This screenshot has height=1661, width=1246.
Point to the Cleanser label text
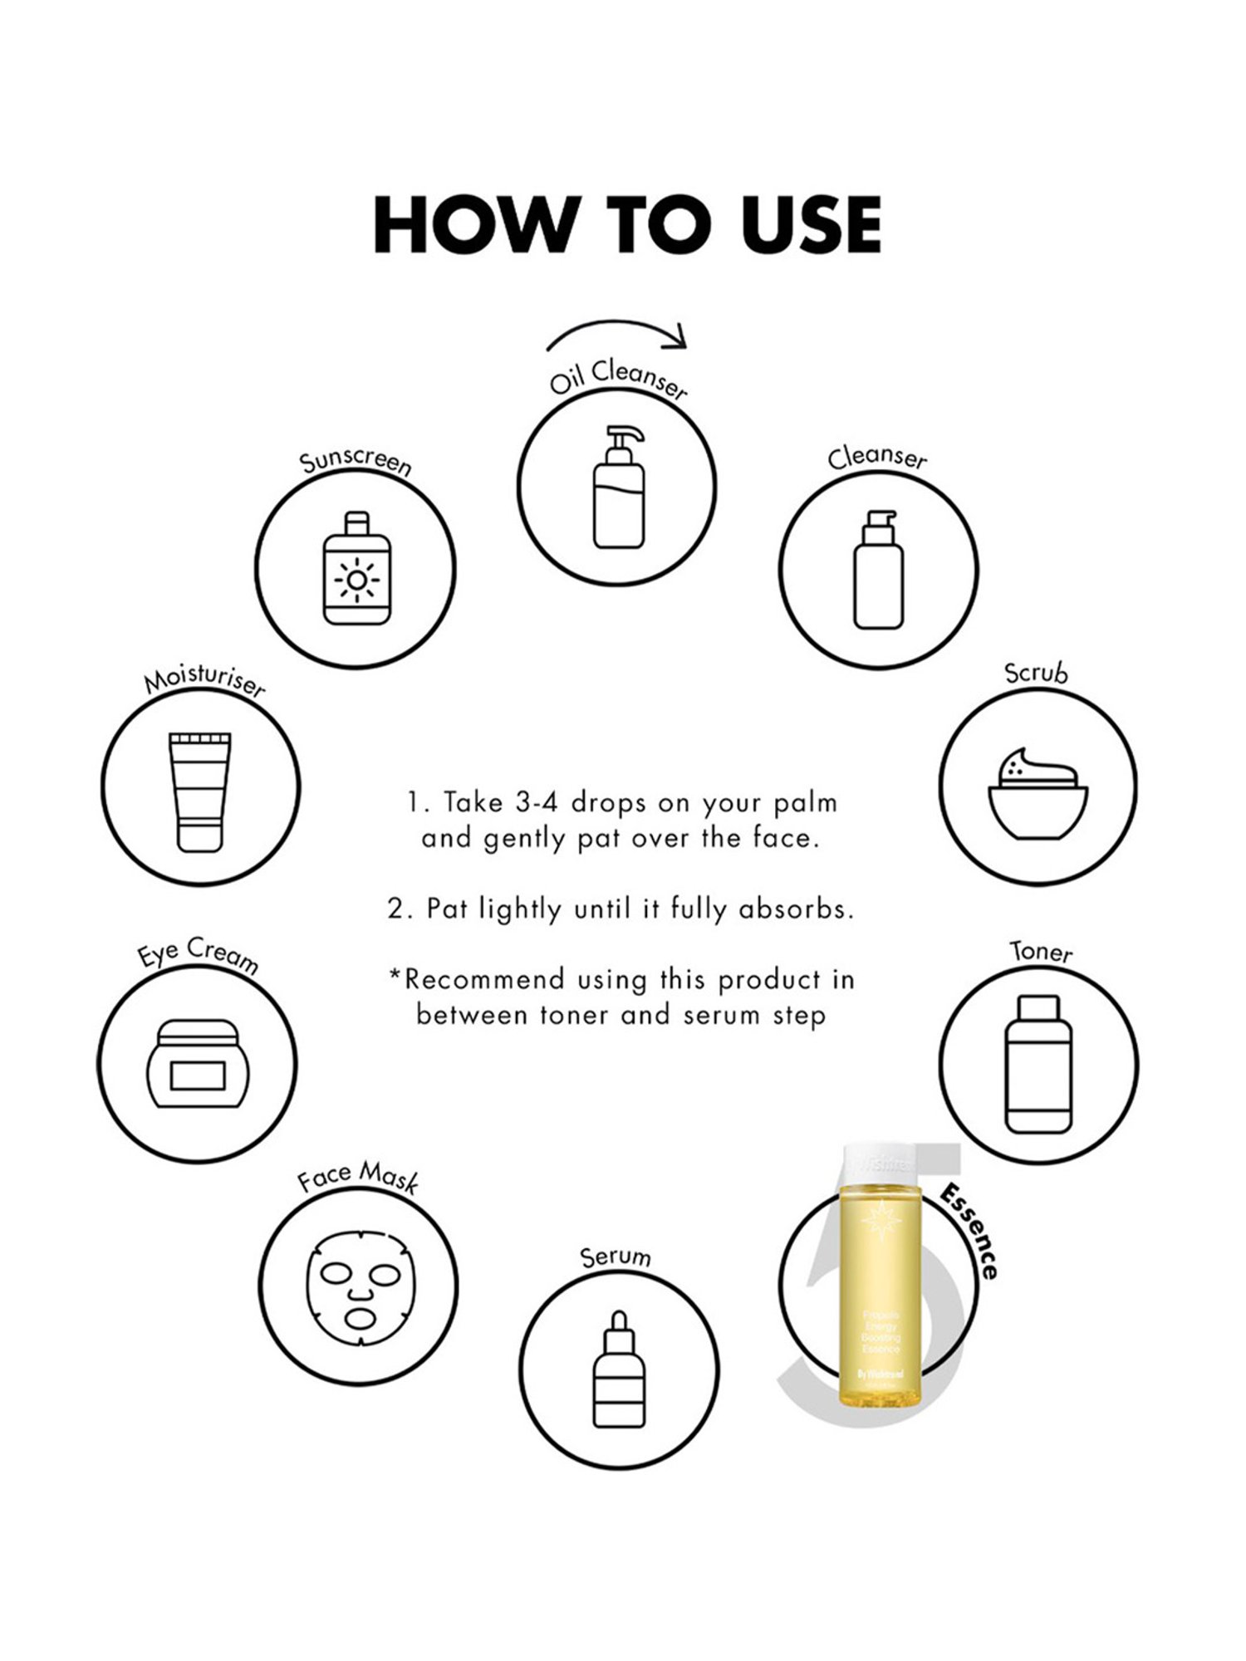(877, 458)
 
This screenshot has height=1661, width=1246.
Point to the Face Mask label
(358, 1177)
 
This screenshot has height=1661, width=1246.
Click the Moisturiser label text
(204, 683)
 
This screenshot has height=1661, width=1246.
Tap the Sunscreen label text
(356, 463)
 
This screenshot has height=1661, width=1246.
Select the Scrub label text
(1036, 673)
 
